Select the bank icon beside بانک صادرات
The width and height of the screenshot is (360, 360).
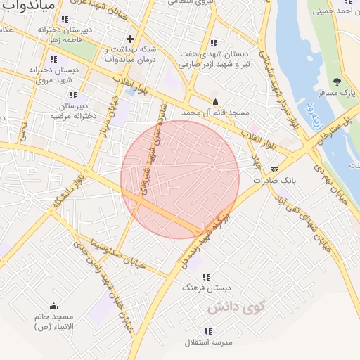(x=274, y=169)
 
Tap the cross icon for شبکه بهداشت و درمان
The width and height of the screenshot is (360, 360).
(x=129, y=39)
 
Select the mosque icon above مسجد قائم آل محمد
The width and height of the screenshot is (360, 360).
(x=214, y=102)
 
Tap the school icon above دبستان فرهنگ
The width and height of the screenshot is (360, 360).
(x=207, y=277)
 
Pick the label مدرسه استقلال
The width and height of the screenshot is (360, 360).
(x=207, y=342)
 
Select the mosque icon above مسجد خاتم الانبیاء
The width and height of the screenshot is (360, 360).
(x=53, y=307)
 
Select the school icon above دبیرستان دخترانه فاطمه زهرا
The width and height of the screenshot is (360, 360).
(x=65, y=20)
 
